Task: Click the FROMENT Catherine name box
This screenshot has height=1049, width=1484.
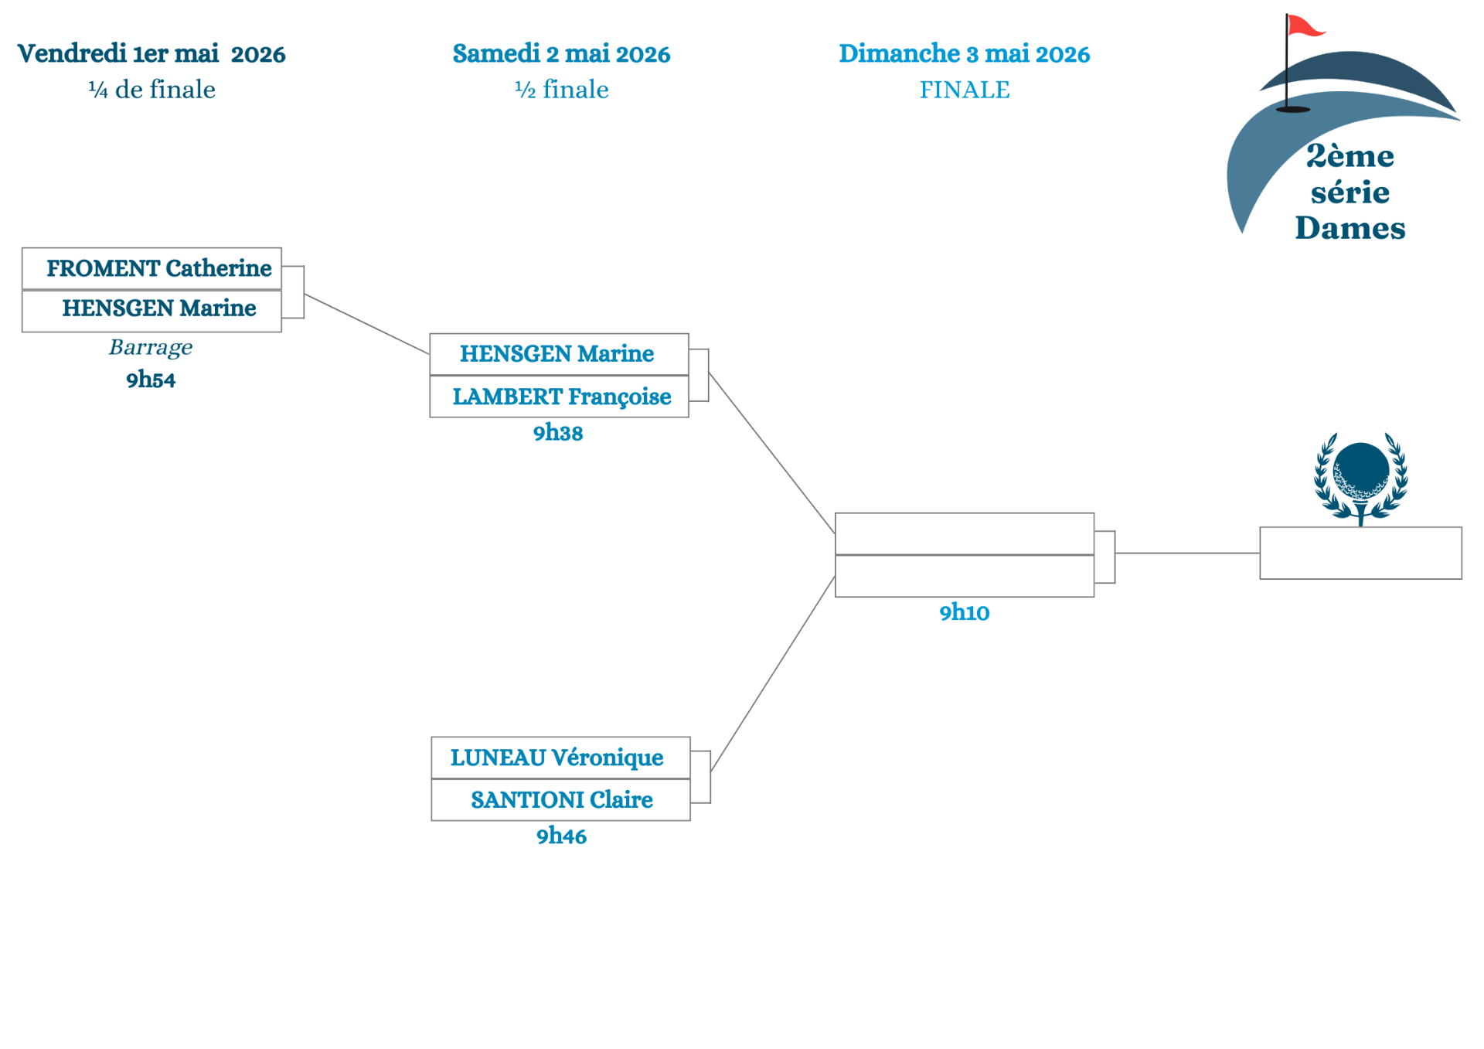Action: pyautogui.click(x=151, y=268)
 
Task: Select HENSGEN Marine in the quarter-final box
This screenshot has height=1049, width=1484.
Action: pyautogui.click(x=151, y=311)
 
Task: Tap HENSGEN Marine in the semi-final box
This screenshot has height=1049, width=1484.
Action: pyautogui.click(x=559, y=354)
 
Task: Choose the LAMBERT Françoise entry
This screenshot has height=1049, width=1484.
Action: pyautogui.click(x=559, y=397)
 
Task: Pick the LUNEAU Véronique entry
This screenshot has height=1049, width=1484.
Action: pyautogui.click(x=560, y=758)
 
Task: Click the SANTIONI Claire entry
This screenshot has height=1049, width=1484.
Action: pyautogui.click(x=560, y=800)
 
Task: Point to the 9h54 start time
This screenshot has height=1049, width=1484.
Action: pyautogui.click(x=151, y=380)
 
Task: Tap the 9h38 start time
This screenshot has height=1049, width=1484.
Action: pyautogui.click(x=558, y=432)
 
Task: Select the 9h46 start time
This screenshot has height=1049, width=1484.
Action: pyautogui.click(x=561, y=836)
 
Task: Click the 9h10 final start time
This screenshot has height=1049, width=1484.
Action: pyautogui.click(x=964, y=612)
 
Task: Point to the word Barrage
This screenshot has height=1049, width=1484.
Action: pyautogui.click(x=151, y=348)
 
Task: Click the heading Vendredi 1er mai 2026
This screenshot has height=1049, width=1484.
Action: pyautogui.click(x=151, y=53)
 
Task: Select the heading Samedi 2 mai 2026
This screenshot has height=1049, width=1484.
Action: pyautogui.click(x=561, y=53)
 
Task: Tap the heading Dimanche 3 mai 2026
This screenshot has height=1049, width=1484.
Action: pyautogui.click(x=965, y=53)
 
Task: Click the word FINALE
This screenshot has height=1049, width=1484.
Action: pyautogui.click(x=965, y=90)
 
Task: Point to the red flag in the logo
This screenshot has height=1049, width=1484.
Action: pyautogui.click(x=1305, y=26)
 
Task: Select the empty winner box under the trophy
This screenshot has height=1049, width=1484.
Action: pyautogui.click(x=1360, y=553)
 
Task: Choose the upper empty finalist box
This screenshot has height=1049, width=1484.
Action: pyautogui.click(x=965, y=533)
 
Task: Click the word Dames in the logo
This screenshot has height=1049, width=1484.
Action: pyautogui.click(x=1350, y=228)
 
